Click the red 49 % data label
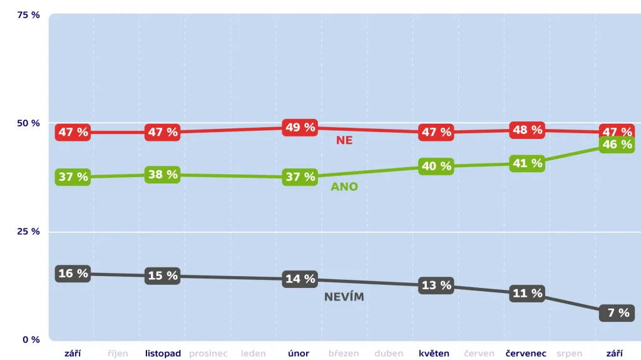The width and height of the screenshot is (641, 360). click(x=300, y=128)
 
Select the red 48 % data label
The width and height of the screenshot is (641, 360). click(x=528, y=130)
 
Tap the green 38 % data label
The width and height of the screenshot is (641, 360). click(x=163, y=175)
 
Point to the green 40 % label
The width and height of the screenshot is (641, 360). click(x=436, y=167)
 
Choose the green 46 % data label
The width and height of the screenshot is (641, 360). click(x=617, y=145)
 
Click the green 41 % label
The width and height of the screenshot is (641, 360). click(x=528, y=163)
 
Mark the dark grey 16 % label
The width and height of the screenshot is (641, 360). click(x=73, y=274)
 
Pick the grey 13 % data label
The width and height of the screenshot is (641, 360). click(x=436, y=285)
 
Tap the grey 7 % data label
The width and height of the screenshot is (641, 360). click(x=617, y=312)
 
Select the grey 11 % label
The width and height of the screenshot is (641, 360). click(x=528, y=293)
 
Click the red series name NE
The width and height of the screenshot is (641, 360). click(x=344, y=141)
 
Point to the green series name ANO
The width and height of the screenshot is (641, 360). click(x=344, y=187)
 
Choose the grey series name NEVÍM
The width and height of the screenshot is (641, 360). click(x=344, y=297)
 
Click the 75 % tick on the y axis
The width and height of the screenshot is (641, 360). click(x=28, y=15)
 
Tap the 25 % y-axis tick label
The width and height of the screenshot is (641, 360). click(x=28, y=232)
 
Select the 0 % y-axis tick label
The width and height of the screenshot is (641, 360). click(x=31, y=340)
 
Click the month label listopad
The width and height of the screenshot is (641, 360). click(x=163, y=353)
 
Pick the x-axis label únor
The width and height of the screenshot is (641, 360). click(x=299, y=353)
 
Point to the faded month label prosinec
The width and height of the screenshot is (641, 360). click(x=208, y=353)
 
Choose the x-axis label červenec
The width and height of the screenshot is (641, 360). click(x=526, y=353)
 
